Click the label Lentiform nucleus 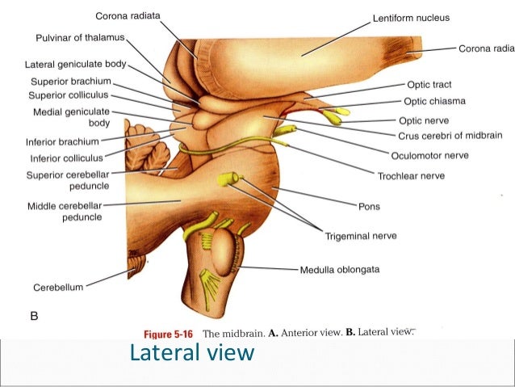(x=411, y=18)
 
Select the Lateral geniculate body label (x=75, y=64)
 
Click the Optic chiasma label (x=436, y=102)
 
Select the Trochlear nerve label (x=411, y=175)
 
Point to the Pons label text (x=369, y=207)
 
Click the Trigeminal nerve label (x=361, y=236)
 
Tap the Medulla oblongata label (x=340, y=269)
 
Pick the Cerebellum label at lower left (x=57, y=287)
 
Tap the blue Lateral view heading (x=192, y=354)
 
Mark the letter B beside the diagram (x=34, y=318)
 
